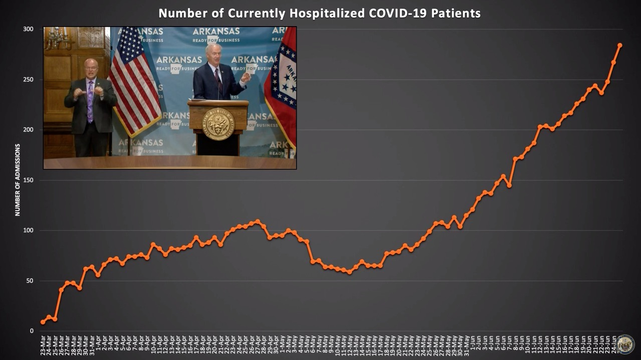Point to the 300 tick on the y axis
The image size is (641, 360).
click(28, 29)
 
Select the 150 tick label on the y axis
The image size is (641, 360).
click(28, 180)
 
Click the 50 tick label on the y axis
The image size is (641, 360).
click(30, 281)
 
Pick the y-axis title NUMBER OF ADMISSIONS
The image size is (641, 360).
click(18, 180)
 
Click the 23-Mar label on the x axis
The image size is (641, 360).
click(43, 345)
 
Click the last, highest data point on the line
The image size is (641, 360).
click(619, 45)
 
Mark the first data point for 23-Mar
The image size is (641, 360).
click(43, 322)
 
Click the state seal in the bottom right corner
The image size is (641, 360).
click(625, 344)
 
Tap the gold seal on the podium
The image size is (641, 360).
click(218, 124)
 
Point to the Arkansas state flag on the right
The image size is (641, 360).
click(284, 85)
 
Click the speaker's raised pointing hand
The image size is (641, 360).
click(245, 78)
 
